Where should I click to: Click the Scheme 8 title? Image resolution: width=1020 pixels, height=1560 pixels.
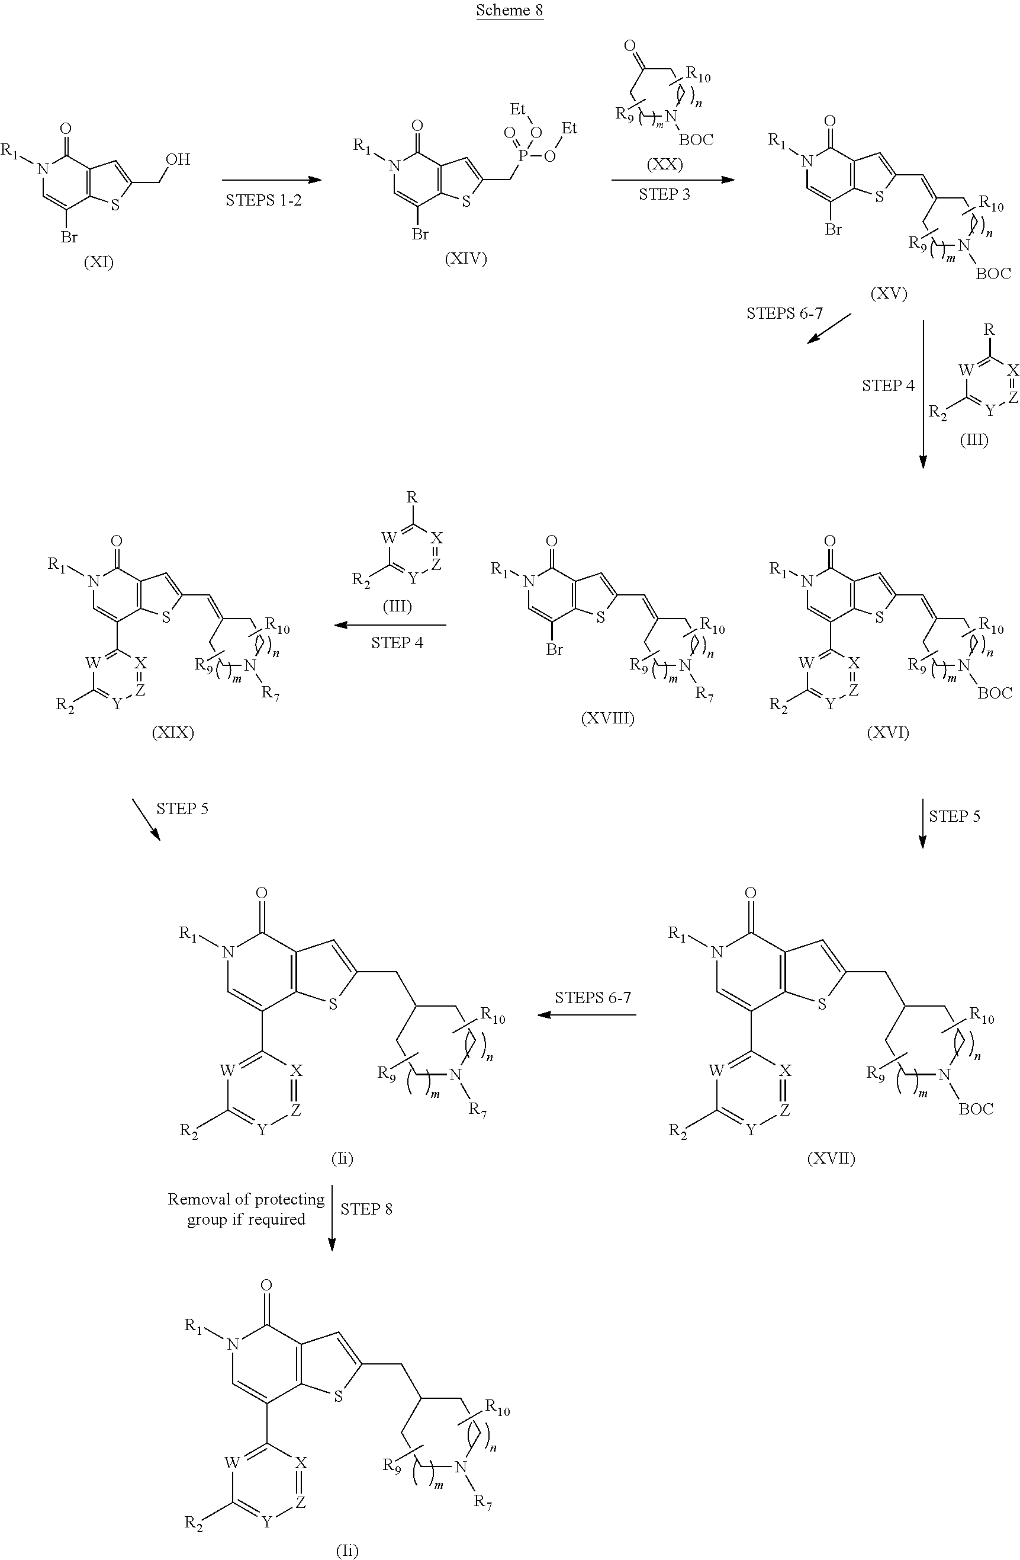coord(509,11)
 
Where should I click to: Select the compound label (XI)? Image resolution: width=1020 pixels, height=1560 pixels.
coord(98,263)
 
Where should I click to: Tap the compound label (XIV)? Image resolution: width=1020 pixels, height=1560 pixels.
coord(466,259)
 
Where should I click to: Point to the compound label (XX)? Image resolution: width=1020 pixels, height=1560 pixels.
coord(664,164)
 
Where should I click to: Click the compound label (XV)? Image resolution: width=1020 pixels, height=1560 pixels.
coord(889,294)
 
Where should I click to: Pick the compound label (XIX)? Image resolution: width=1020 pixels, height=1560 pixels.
coord(173,732)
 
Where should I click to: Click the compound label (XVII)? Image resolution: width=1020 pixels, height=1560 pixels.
coord(831,1158)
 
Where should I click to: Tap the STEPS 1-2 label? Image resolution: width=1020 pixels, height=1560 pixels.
coord(263,201)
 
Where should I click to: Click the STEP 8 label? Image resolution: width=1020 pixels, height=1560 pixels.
coord(366,1209)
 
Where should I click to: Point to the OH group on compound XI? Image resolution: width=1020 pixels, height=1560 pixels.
coord(178,159)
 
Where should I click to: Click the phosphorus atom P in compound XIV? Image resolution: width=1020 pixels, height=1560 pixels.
coord(522,155)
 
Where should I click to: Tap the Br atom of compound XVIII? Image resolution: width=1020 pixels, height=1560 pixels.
coord(554,649)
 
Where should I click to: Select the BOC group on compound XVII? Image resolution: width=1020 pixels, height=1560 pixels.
coord(976,1109)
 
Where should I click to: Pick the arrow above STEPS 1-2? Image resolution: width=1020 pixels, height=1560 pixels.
coord(272,180)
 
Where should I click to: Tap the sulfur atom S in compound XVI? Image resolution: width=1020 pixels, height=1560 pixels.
coord(879,617)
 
